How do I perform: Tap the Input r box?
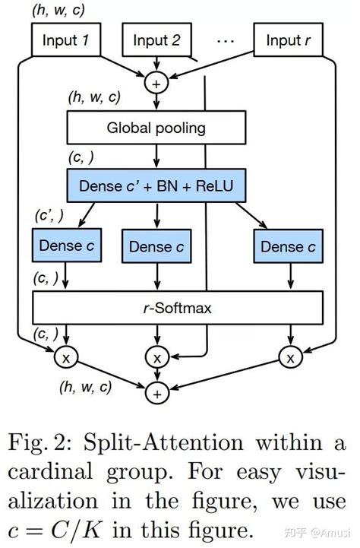[x=288, y=40]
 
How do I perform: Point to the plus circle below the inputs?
[x=157, y=83]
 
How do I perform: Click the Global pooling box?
[x=157, y=127]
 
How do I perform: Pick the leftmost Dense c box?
[x=66, y=245]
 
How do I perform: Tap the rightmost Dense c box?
[x=288, y=245]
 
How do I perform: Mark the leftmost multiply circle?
[x=66, y=355]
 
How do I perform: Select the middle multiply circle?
[x=157, y=356]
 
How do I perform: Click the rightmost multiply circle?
[x=288, y=355]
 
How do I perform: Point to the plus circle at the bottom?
[x=157, y=393]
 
